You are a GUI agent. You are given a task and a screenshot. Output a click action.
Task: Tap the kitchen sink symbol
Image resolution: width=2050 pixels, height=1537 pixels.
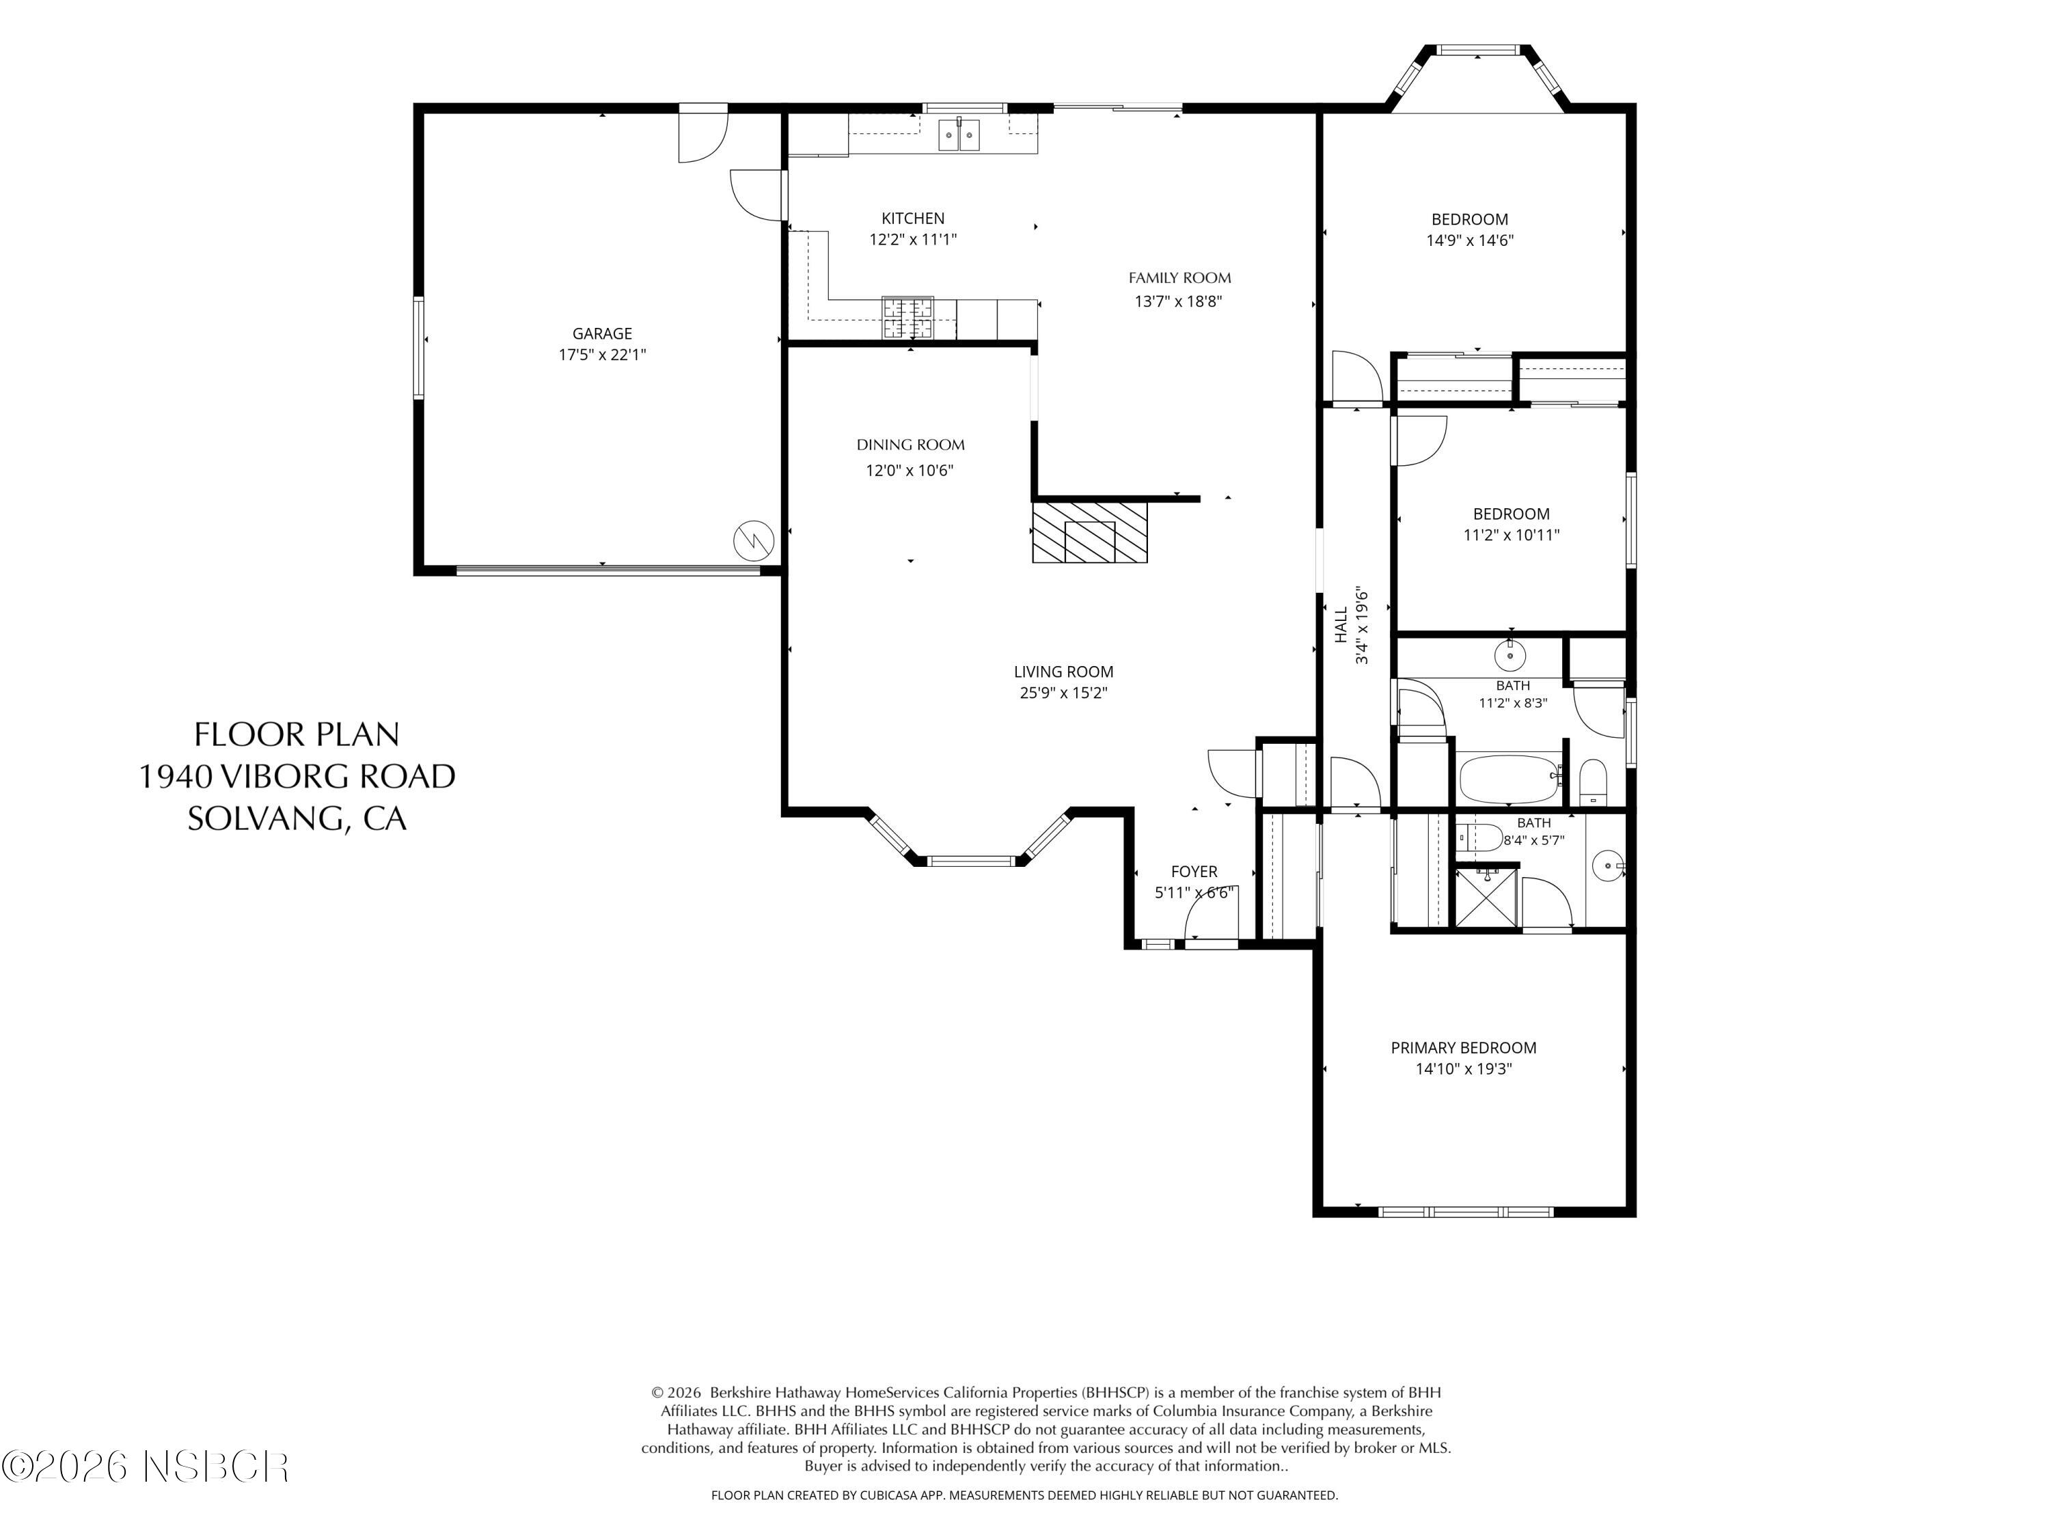coord(958,135)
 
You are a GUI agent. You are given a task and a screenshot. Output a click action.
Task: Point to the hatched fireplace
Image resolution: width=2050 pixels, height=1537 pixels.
coord(1090,531)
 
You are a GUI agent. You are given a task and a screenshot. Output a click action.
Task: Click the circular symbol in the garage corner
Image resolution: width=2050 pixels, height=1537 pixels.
coord(754,540)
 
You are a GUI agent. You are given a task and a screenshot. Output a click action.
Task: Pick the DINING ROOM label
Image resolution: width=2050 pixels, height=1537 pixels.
coord(910,445)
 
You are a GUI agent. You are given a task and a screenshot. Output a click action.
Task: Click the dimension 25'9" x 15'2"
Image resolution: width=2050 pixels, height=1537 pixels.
coord(1063,693)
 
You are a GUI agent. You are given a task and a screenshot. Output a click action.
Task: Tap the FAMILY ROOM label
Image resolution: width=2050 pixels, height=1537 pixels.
coord(1179,278)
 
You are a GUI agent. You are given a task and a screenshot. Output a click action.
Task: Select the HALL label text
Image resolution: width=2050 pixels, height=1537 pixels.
coord(1341,624)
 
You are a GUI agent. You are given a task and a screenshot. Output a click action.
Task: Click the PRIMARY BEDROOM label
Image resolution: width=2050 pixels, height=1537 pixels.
coord(1464,1048)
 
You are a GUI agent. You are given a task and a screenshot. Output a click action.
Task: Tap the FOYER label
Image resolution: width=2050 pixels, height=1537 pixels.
coord(1194,872)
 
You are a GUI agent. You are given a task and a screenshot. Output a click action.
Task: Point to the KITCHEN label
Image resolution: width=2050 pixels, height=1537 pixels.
coord(913,219)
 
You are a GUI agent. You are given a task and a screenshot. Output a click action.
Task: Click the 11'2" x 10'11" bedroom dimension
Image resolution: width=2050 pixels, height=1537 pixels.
coord(1511,535)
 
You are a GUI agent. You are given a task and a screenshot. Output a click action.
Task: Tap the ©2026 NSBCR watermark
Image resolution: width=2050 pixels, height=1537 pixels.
coord(146,1467)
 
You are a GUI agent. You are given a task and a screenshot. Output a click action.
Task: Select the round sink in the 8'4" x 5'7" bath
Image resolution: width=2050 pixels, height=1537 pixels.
coord(1607,867)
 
